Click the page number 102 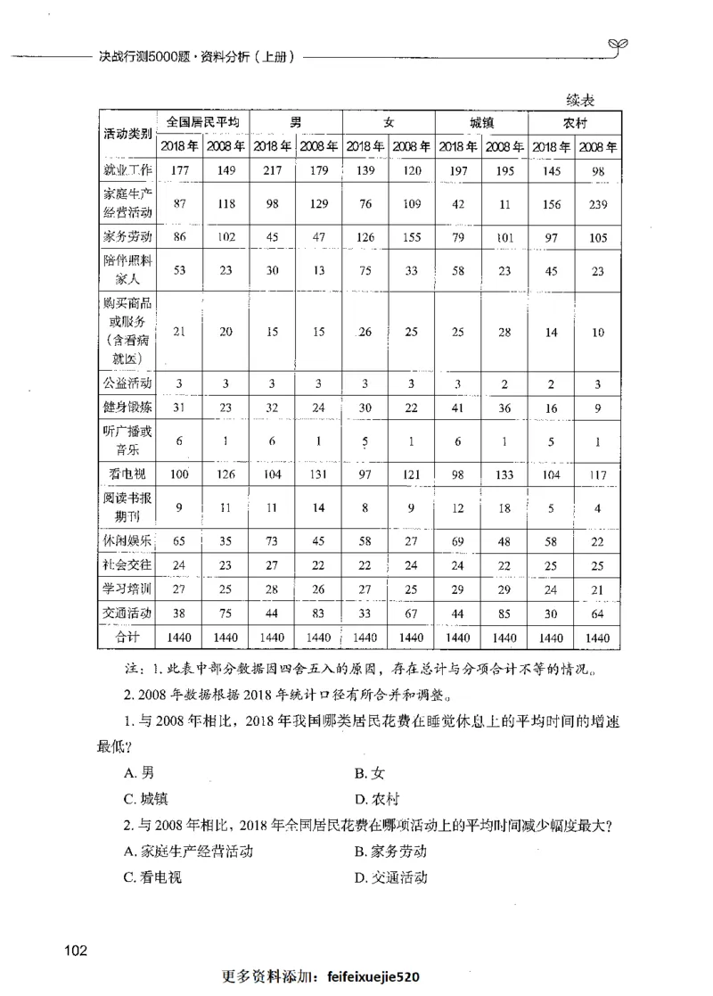coord(76,950)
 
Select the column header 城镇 coord(481,122)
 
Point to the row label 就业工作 coord(127,169)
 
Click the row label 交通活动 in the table coord(127,613)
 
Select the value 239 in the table coord(598,204)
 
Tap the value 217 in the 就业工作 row coord(272,169)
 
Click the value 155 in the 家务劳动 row coord(412,237)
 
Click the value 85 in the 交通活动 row coord(504,613)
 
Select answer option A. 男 coord(140,773)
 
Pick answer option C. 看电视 coord(153,877)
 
